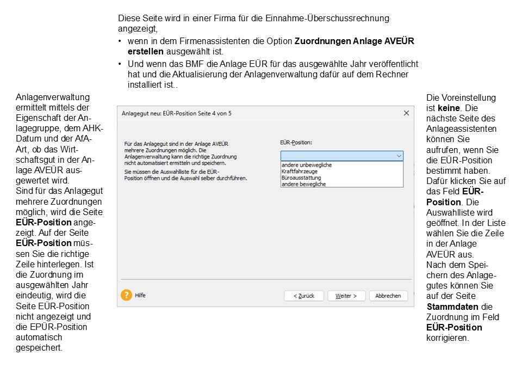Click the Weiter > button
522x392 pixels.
click(346, 296)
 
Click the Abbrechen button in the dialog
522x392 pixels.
click(388, 296)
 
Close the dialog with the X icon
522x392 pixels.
click(406, 113)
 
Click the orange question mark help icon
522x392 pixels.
click(127, 295)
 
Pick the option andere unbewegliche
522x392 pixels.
click(306, 165)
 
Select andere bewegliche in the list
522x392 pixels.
click(303, 185)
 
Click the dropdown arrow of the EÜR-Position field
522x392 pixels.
click(399, 156)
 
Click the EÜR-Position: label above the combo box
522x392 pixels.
click(296, 143)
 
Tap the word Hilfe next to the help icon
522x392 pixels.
click(140, 295)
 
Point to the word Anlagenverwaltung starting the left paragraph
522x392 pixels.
click(52, 97)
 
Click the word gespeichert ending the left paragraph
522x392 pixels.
click(39, 347)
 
